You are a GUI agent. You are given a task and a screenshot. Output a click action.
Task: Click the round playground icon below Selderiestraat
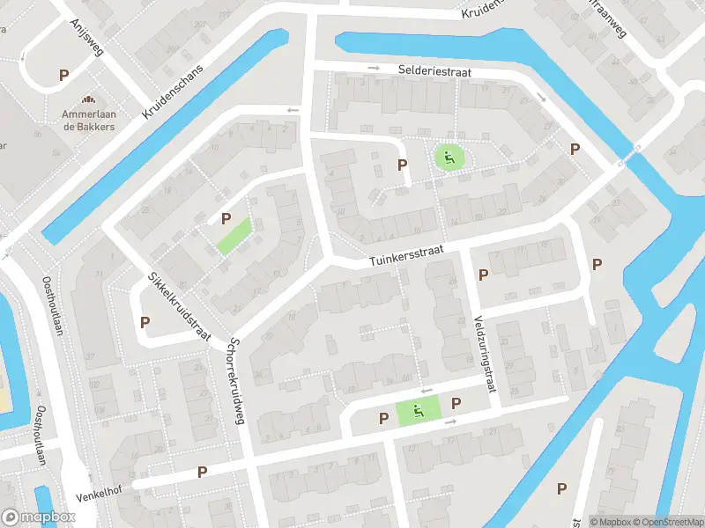click(449, 158)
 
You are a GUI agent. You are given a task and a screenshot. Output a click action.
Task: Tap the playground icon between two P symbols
click(418, 409)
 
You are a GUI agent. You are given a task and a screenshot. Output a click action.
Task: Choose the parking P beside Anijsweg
click(63, 76)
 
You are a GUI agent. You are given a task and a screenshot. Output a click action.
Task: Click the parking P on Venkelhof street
click(202, 473)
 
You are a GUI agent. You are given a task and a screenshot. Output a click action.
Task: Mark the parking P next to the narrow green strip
click(226, 218)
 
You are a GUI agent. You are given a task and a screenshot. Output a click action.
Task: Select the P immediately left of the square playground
click(383, 418)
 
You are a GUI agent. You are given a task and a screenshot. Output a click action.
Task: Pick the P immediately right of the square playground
click(456, 404)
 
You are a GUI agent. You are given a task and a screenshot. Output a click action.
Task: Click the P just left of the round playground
click(403, 165)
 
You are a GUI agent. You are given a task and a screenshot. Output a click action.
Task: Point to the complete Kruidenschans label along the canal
click(173, 91)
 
